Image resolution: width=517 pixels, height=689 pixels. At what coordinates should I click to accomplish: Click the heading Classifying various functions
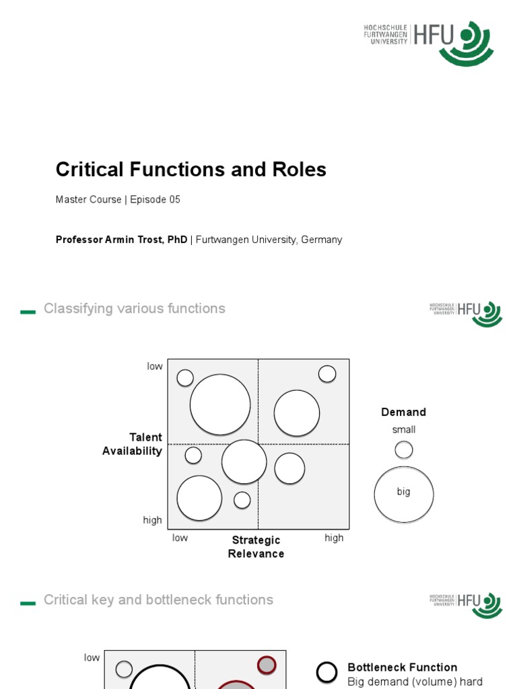[x=134, y=309]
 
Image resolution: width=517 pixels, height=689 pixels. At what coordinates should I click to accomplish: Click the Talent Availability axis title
[x=133, y=444]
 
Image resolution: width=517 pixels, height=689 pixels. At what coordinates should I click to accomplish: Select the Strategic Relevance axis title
[x=256, y=546]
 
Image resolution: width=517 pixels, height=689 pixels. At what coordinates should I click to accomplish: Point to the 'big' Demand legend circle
[x=403, y=494]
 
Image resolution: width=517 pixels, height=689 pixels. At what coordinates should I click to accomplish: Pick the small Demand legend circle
[x=404, y=449]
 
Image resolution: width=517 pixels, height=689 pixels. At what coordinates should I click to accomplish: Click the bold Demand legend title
[x=403, y=412]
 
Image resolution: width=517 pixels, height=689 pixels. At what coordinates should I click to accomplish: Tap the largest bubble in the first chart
[x=220, y=405]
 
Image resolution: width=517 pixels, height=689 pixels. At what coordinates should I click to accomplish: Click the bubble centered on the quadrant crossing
[x=244, y=462]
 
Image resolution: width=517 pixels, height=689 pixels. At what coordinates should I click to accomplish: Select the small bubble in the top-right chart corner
[x=327, y=374]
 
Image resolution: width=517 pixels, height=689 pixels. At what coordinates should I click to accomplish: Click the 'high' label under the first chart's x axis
[x=334, y=538]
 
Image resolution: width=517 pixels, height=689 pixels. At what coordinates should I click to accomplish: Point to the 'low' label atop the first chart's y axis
[x=155, y=366]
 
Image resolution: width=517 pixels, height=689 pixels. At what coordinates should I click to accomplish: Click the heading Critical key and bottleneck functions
[x=158, y=600]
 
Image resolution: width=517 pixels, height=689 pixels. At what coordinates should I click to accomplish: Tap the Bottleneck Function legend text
[x=402, y=667]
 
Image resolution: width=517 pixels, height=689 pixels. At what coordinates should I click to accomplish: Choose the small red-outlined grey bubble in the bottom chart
[x=267, y=665]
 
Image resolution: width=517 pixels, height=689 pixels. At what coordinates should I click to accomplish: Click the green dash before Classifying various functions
[x=28, y=312]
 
